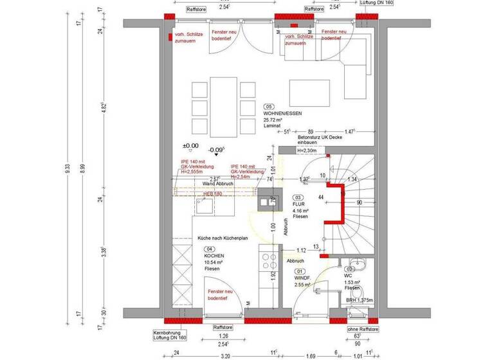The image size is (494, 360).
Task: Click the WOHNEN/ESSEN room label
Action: click(x=282, y=113)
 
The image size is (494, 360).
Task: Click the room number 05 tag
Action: click(x=270, y=106)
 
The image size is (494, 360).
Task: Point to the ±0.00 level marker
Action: click(x=190, y=146)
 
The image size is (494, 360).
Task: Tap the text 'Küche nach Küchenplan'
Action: click(x=223, y=238)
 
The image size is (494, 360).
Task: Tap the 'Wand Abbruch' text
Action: click(x=217, y=184)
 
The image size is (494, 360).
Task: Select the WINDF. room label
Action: click(x=302, y=277)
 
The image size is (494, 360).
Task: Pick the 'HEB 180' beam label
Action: click(x=212, y=192)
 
